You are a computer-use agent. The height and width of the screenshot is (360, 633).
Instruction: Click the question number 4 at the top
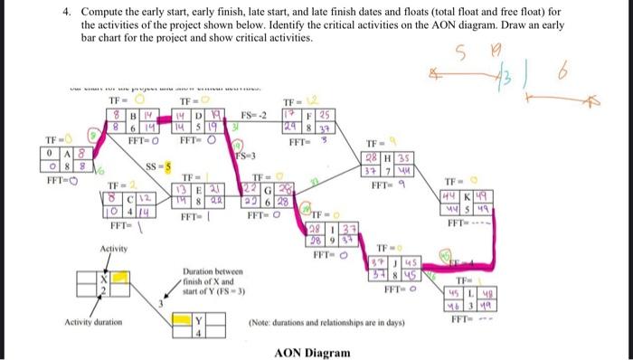66,14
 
